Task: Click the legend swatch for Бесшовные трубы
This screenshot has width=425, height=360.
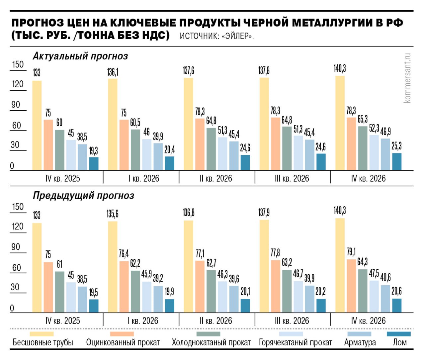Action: point(42,334)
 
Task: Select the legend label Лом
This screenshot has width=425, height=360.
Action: point(399,342)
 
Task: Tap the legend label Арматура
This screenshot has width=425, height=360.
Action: point(360,342)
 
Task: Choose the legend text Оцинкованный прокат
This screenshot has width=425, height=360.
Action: point(123,342)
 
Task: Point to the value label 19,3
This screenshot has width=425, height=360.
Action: point(94,151)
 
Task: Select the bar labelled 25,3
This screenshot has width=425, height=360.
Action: point(397,161)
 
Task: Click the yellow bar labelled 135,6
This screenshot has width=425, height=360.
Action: point(113,267)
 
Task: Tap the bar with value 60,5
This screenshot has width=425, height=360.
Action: point(135,150)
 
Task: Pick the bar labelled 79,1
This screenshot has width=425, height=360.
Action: point(351,286)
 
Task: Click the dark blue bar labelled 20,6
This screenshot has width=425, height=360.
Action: point(397,305)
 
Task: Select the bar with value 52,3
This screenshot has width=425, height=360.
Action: point(374,152)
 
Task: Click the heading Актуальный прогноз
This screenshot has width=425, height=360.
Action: point(80,56)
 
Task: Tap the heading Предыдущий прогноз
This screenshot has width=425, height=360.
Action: point(83,196)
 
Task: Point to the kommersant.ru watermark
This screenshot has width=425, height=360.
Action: point(407,78)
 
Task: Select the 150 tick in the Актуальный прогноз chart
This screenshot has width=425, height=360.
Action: point(18,64)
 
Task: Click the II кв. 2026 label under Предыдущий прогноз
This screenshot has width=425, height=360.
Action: point(216,321)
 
